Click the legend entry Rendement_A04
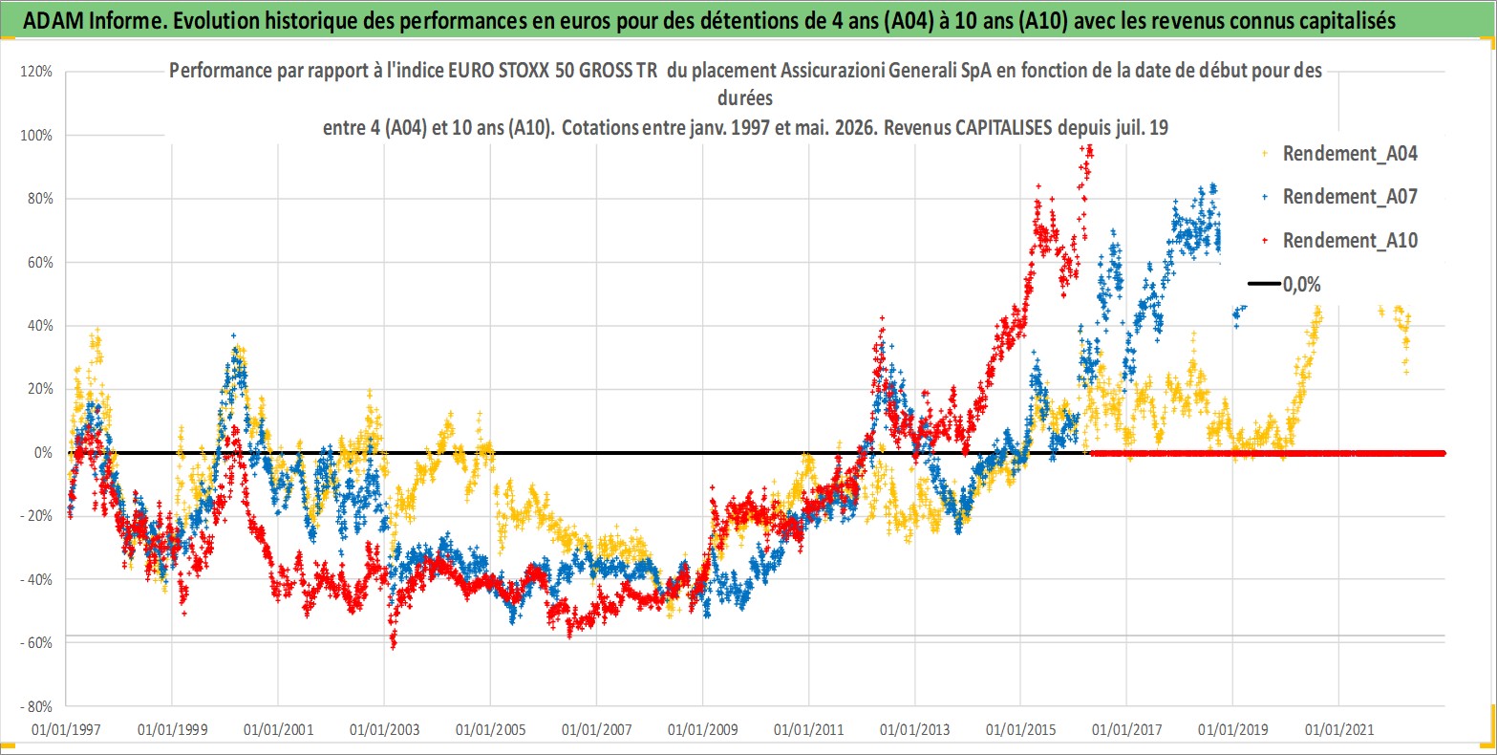[1350, 154]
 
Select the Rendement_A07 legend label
[1350, 197]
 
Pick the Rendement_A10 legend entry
[1350, 240]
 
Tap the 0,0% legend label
[1301, 285]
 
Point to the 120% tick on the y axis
[36, 72]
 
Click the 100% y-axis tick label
[36, 135]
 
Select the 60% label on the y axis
[40, 262]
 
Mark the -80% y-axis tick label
[36, 706]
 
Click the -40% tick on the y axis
[36, 580]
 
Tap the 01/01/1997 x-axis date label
[66, 729]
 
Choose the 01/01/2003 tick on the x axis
[384, 729]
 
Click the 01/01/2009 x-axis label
[703, 729]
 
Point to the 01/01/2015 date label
[1021, 729]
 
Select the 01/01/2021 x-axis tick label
[1339, 729]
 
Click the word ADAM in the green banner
[53, 21]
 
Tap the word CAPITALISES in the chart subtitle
[1004, 127]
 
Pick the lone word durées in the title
[745, 98]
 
